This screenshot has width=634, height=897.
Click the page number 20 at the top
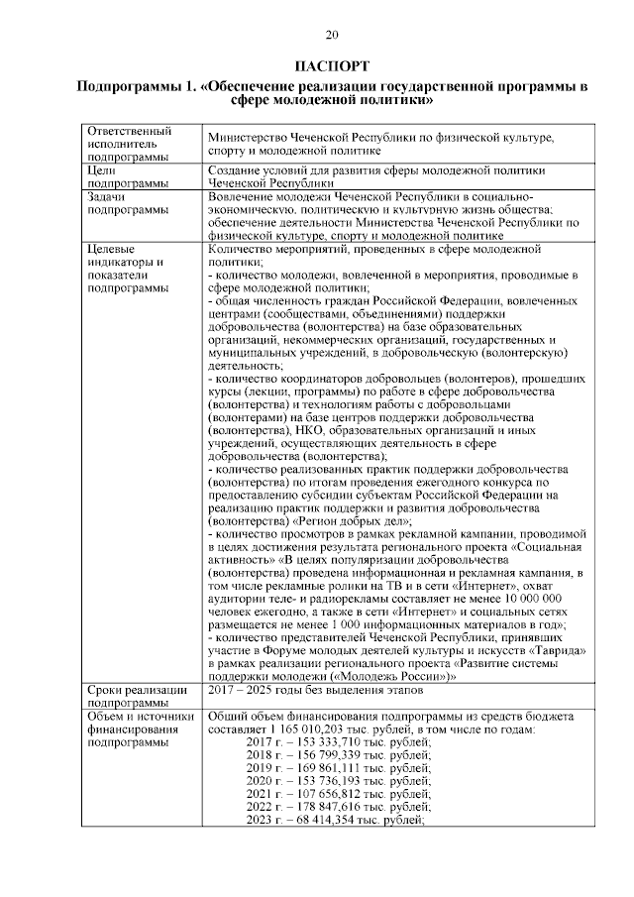pyautogui.click(x=332, y=36)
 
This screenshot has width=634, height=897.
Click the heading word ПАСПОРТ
pyautogui.click(x=332, y=66)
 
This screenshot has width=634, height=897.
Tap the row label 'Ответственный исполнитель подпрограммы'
pyautogui.click(x=129, y=144)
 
